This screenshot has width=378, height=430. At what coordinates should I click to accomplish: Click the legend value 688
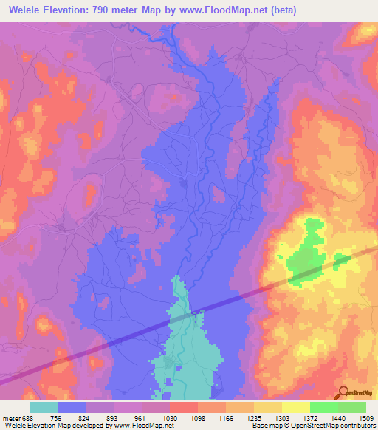click(29, 417)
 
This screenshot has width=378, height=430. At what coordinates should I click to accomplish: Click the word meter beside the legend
click(10, 417)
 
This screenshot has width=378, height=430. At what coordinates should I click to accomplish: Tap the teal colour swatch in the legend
click(44, 407)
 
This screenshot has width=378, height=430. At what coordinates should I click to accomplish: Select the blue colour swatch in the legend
click(72, 407)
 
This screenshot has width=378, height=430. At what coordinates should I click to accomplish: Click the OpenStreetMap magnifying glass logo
click(343, 392)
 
